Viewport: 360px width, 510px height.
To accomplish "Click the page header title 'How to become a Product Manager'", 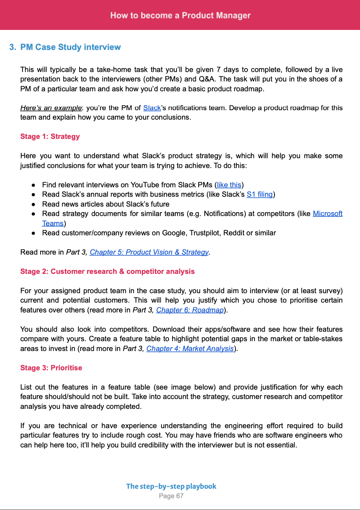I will pos(180,15).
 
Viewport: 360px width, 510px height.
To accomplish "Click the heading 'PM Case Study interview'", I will pos(71,47).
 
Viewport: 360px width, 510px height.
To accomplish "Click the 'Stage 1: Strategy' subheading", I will pos(50,137).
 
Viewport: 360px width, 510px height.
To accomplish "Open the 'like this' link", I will pos(229,185).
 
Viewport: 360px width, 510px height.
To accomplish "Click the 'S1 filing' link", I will pos(260,194).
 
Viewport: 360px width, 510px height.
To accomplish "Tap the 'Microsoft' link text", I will pos(327,214).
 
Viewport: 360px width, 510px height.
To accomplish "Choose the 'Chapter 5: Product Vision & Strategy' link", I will pos(149,252).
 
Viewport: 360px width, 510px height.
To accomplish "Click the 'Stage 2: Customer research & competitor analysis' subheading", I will pos(108,272).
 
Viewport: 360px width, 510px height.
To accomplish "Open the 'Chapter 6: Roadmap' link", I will pos(190,310).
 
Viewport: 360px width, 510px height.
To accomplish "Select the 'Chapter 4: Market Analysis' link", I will pos(190,349).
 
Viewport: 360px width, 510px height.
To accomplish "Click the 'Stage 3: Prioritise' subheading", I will pos(51,368).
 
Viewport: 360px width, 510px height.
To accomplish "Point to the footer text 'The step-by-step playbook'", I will pos(171,486).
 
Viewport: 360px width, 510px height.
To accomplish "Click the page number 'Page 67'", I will pos(171,496).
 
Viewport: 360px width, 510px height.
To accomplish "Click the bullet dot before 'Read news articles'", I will pos(34,204).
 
